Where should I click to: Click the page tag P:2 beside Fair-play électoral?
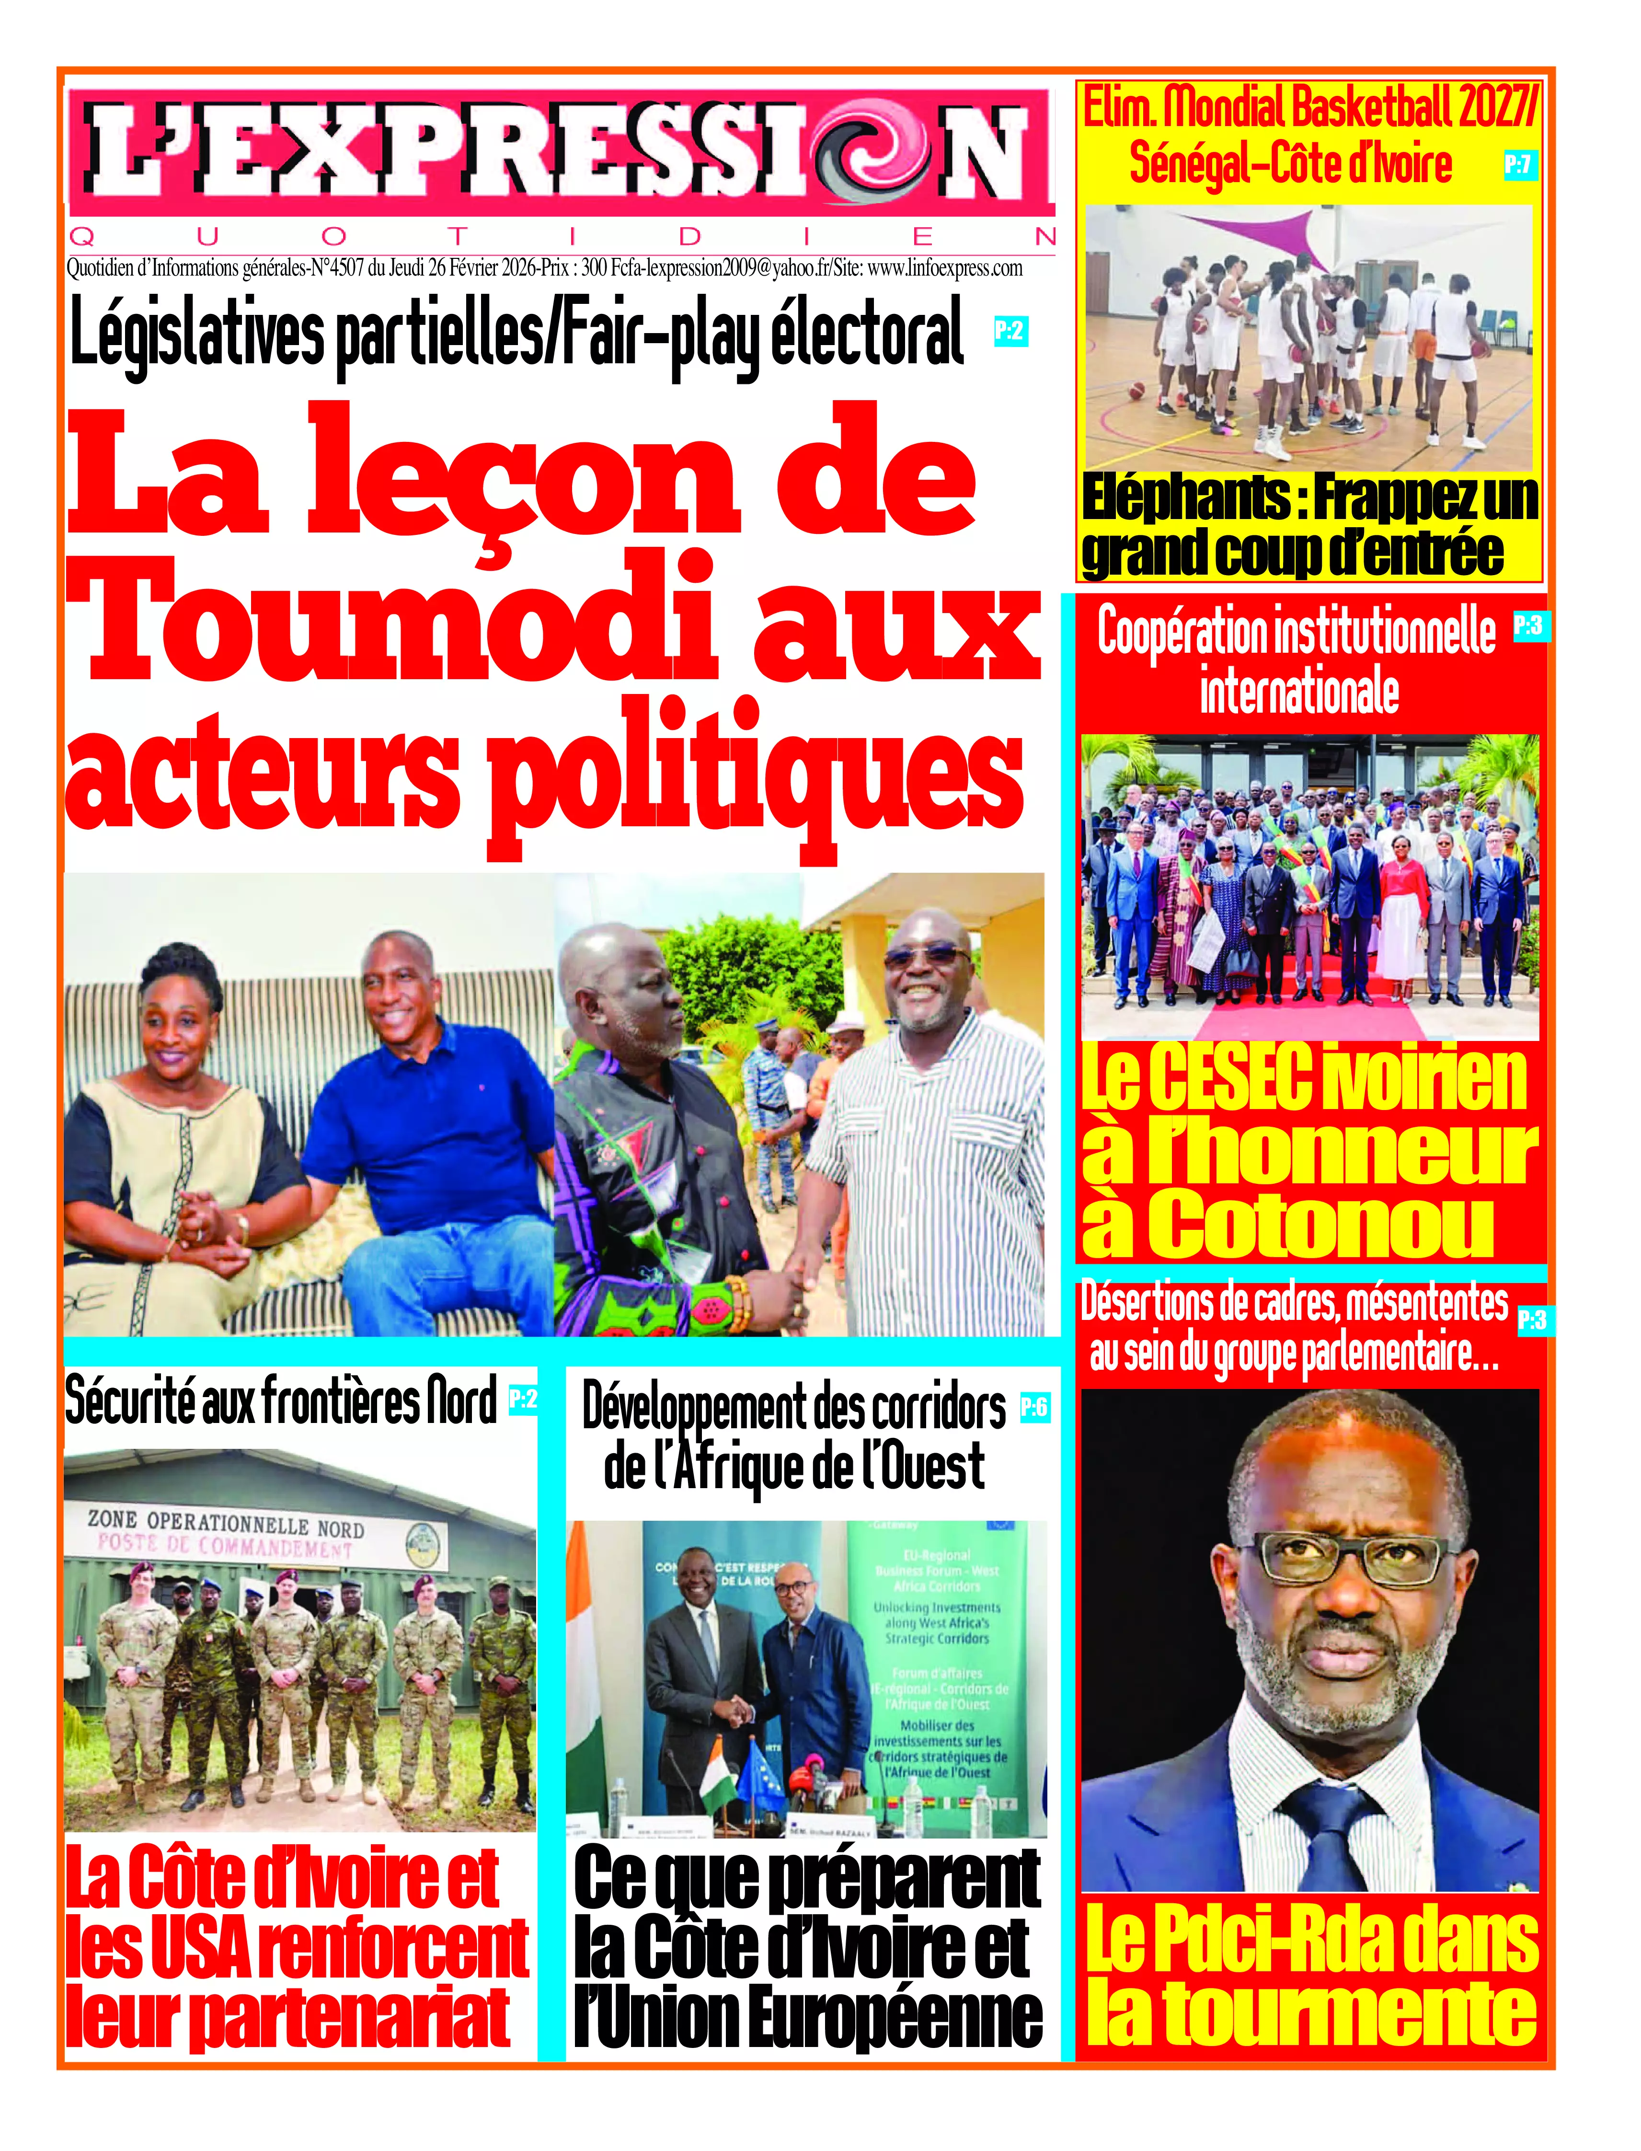pyautogui.click(x=1010, y=331)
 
